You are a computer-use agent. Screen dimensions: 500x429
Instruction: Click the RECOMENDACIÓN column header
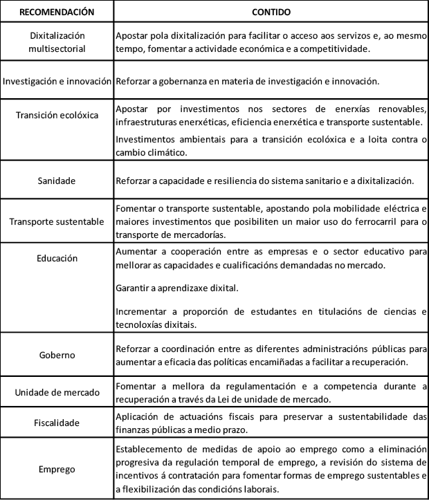pyautogui.click(x=57, y=12)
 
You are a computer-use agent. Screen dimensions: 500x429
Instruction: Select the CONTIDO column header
pyautogui.click(x=271, y=12)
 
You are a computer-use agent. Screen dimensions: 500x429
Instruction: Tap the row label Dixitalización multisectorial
pyautogui.click(x=57, y=41)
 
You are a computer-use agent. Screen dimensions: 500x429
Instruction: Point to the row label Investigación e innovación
pyautogui.click(x=57, y=81)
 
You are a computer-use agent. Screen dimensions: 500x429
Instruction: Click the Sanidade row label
pyautogui.click(x=57, y=180)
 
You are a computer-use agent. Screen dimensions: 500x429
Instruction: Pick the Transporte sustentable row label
pyautogui.click(x=57, y=221)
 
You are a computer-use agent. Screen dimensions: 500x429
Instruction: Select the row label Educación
pyautogui.click(x=57, y=258)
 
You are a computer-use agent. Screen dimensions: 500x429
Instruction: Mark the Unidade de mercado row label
pyautogui.click(x=57, y=393)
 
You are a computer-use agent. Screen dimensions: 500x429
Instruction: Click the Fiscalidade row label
pyautogui.click(x=57, y=421)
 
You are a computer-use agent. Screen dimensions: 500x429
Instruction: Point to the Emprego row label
pyautogui.click(x=57, y=468)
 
